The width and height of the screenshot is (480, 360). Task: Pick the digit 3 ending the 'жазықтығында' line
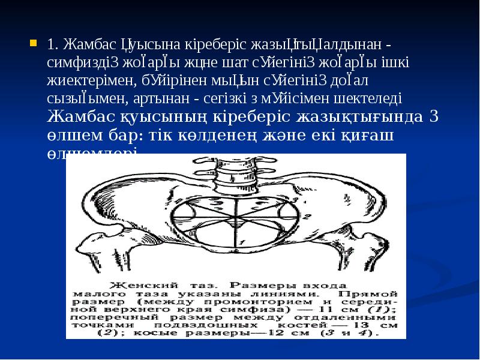coord(434,116)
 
